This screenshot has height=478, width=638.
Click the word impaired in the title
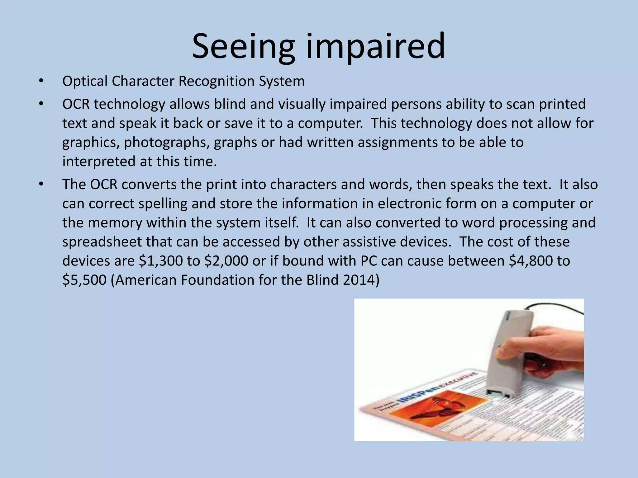tap(375, 47)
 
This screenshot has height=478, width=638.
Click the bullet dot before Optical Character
tap(41, 82)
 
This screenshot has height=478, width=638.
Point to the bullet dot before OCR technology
tap(41, 104)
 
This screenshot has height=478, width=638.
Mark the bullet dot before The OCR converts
tap(41, 185)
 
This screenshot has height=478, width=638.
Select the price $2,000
tap(226, 261)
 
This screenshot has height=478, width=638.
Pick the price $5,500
tap(84, 280)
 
